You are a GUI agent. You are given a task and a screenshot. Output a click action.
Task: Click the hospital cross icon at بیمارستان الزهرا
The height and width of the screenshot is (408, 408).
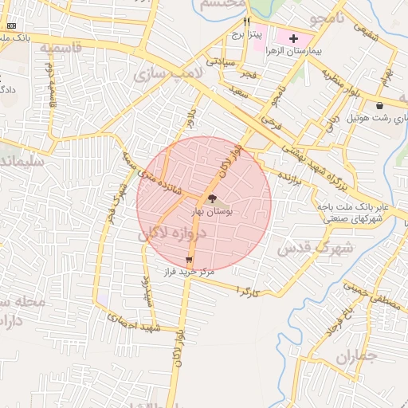point(293,38)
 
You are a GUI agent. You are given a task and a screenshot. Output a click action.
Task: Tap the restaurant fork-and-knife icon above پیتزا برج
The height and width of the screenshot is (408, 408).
point(247,22)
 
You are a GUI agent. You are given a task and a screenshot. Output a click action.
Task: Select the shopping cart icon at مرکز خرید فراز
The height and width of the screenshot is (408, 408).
point(189,260)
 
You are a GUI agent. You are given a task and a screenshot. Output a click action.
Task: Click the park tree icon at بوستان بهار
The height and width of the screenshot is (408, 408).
point(212,198)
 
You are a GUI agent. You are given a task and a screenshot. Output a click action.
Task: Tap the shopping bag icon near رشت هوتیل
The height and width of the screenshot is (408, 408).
point(380,105)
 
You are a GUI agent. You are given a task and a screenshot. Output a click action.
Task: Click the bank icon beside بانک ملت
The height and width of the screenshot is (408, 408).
point(10,26)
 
